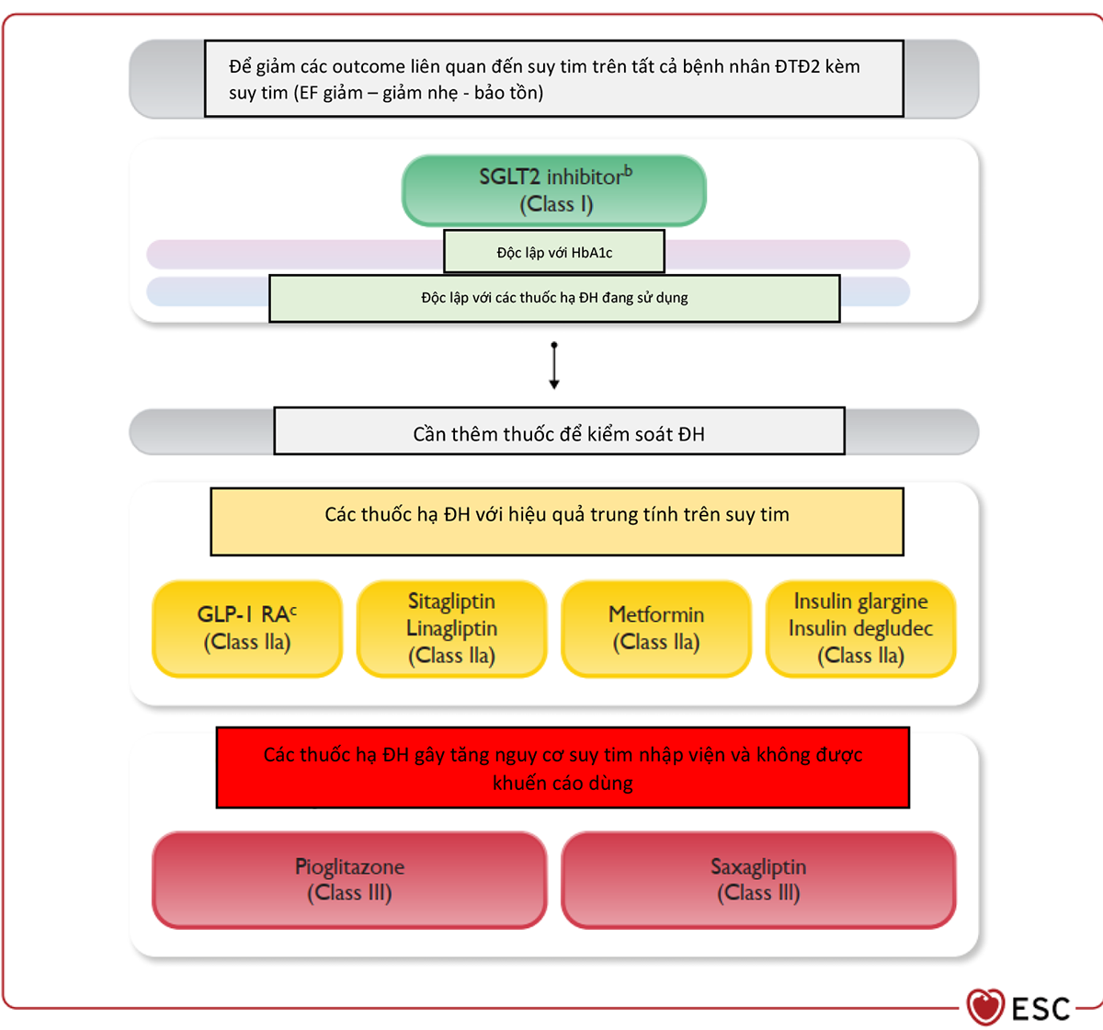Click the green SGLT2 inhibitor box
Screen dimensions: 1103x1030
coord(553,190)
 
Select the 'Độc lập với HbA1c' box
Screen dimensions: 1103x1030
coord(553,252)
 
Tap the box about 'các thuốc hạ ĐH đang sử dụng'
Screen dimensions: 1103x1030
coord(554,298)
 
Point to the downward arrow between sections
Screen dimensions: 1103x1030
coord(553,365)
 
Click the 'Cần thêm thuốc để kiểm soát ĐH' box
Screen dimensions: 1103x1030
coord(559,430)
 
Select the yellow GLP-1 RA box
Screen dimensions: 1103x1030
coord(247,628)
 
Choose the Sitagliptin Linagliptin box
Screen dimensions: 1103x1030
coord(451,628)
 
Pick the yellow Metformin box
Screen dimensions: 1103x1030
coord(656,628)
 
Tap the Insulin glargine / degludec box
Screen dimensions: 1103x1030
coord(860,628)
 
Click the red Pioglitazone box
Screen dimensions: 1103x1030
coord(349,879)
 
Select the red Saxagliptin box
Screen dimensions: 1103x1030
coord(758,879)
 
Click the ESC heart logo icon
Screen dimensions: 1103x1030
coord(984,1006)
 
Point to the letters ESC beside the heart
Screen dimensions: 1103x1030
coord(1040,1009)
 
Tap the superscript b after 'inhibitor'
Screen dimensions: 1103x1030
coord(628,170)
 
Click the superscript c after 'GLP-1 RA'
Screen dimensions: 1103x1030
coord(293,611)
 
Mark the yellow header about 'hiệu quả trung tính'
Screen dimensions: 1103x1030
coord(556,521)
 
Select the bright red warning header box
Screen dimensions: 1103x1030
coord(563,767)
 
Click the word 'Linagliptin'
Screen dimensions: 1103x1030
coord(451,628)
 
